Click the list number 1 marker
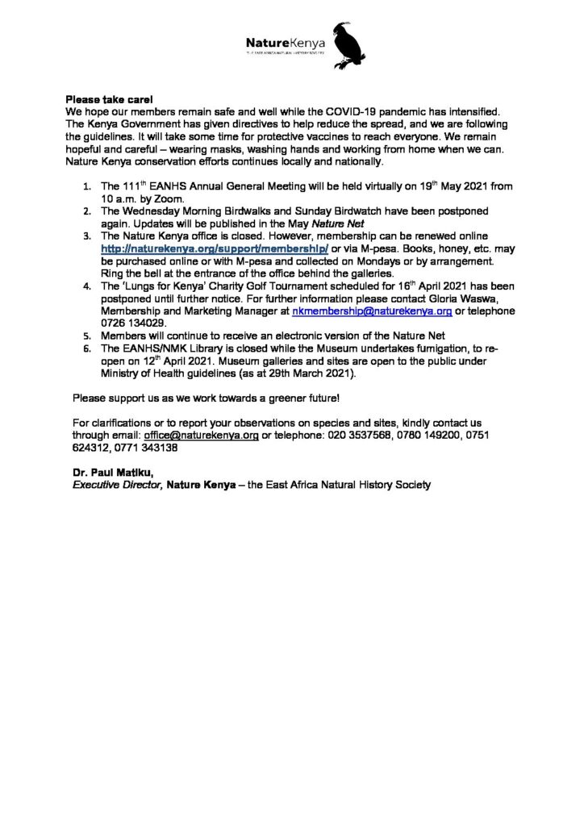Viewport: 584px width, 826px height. pyautogui.click(x=87, y=186)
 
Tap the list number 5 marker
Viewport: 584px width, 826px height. pyautogui.click(x=87, y=336)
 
